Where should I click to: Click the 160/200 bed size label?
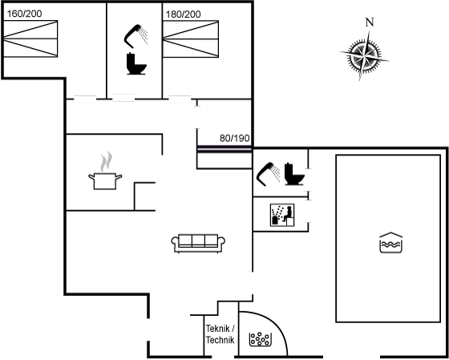(x=24, y=14)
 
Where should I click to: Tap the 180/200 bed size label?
(x=184, y=14)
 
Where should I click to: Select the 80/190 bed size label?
(x=234, y=138)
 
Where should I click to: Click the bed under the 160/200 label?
(x=30, y=38)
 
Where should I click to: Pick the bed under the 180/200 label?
(x=191, y=39)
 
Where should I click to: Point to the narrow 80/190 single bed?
(x=224, y=157)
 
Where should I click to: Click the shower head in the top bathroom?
(x=136, y=36)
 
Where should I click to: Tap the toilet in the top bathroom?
(x=136, y=63)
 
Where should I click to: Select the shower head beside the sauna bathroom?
(x=269, y=174)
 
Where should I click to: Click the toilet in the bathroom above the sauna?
(x=294, y=174)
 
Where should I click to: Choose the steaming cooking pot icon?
(x=105, y=171)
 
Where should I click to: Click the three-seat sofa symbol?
(x=198, y=243)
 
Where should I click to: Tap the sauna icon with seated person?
(x=282, y=215)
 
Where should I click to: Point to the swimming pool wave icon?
(x=391, y=243)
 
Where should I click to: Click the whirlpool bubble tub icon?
(x=260, y=339)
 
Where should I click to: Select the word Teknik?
(x=217, y=329)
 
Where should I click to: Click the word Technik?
(x=220, y=340)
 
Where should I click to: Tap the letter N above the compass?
(x=370, y=22)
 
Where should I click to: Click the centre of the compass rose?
(x=364, y=56)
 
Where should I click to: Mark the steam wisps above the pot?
(x=106, y=161)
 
